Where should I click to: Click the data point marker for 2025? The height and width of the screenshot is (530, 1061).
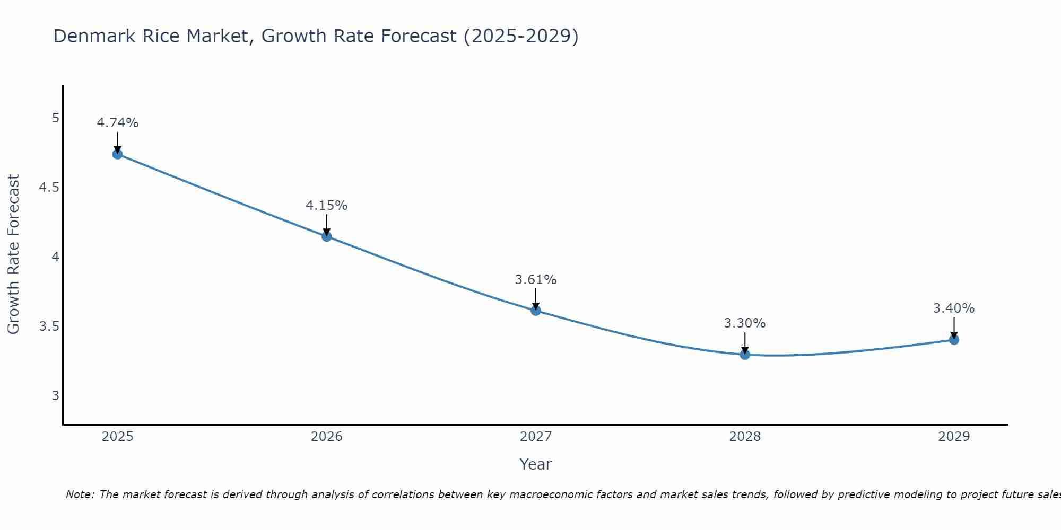tap(118, 154)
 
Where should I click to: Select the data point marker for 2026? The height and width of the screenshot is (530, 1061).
tap(327, 236)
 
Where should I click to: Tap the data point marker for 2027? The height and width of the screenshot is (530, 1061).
tap(536, 311)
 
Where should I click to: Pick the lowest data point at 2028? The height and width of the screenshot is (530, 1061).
tap(745, 355)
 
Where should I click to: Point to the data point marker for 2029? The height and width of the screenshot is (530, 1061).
tap(954, 340)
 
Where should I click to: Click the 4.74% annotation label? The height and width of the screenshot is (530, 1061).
tap(118, 123)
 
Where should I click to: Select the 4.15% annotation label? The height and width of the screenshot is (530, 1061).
tap(327, 206)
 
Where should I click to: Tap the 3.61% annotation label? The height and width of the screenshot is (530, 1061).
tap(536, 280)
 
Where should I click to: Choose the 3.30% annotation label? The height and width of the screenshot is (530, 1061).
tap(745, 323)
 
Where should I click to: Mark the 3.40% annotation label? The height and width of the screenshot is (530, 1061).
tap(954, 308)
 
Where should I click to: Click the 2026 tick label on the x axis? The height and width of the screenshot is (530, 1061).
tap(327, 437)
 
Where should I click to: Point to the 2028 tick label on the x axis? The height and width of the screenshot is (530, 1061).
tap(745, 437)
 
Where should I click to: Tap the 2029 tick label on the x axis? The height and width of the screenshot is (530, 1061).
tap(954, 437)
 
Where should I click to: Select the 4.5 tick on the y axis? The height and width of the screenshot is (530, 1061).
tap(49, 188)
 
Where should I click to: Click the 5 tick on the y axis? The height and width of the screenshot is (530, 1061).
tap(55, 118)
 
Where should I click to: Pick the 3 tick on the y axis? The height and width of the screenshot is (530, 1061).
tap(55, 395)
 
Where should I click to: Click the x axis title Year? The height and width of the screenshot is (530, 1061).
tap(536, 464)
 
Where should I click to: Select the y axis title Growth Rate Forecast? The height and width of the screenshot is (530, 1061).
tap(14, 254)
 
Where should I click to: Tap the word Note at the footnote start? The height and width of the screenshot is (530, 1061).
tap(80, 494)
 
